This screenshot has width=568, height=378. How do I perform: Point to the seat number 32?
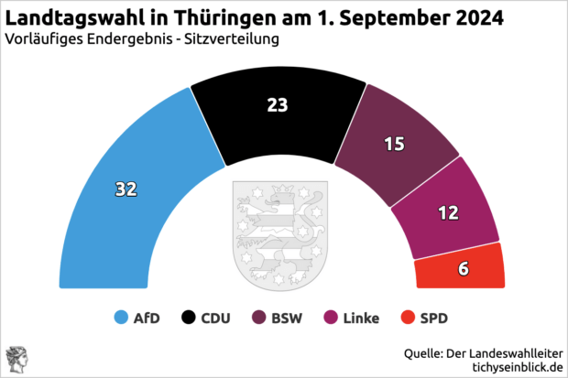[126, 189]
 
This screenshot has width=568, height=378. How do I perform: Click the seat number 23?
[278, 105]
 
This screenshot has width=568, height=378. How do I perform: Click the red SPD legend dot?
[408, 319]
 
